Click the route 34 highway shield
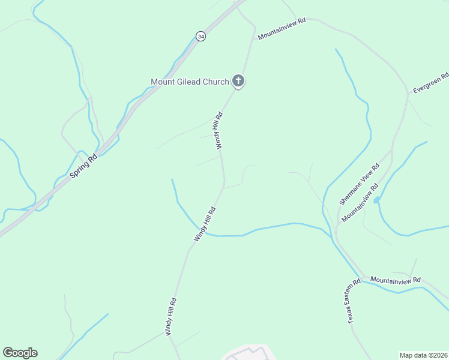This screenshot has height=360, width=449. coord(200,37)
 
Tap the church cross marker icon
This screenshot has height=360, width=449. coord(238,81)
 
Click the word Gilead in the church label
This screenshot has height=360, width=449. coord(190,82)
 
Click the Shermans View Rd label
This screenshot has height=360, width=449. coord(359,184)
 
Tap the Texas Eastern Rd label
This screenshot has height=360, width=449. coord(354,302)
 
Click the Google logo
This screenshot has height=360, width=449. coord(20,353)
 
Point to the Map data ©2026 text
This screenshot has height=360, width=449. coord(424,355)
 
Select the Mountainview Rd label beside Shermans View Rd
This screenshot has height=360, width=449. coord(360,203)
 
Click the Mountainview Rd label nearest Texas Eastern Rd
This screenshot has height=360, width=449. coord(396,280)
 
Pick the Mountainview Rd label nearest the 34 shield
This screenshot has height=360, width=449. coord(282,29)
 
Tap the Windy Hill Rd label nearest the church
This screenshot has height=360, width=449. coord(219,130)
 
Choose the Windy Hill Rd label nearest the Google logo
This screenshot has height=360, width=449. coord(172,316)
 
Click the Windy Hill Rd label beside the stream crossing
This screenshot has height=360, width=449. coord(204,224)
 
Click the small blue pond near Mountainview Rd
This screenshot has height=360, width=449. coord(376,200)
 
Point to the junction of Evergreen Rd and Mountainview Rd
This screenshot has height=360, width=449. coord(408,94)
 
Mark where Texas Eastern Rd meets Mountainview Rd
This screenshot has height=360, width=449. coord(363,277)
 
